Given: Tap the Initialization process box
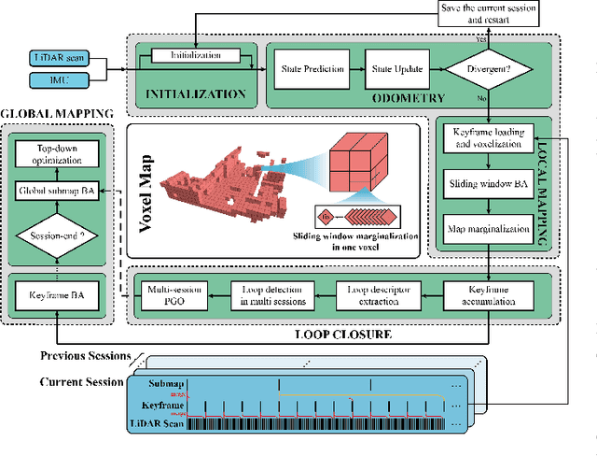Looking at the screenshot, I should [193, 58].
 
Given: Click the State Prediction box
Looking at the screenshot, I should [312, 69].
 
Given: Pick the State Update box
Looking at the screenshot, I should [395, 69].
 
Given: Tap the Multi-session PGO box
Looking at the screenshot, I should [172, 296].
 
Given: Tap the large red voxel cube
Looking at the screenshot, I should [353, 157].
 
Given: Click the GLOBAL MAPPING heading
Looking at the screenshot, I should [56, 114].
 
